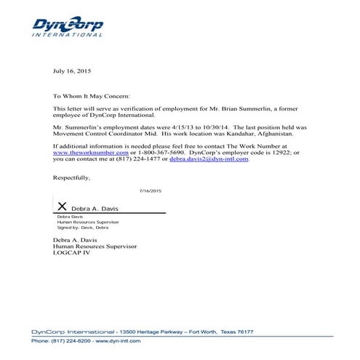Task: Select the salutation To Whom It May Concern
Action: point(92,96)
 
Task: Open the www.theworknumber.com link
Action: point(85,153)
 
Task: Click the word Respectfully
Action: point(72,177)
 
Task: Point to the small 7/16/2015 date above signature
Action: point(150,191)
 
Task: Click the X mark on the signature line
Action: point(63,207)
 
